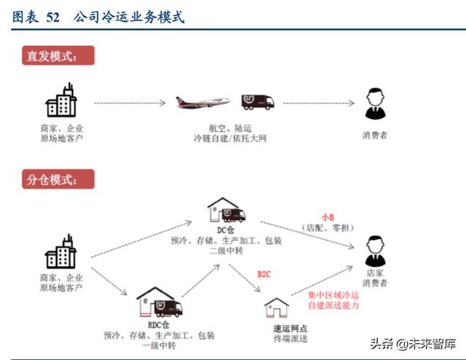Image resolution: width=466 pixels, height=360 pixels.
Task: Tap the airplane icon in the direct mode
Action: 202,101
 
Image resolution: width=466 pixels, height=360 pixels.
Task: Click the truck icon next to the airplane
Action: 257,102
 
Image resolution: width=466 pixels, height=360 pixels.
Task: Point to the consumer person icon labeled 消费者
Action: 374,106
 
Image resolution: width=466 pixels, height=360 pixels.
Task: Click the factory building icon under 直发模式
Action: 61,101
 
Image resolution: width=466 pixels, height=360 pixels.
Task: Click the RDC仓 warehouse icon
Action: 158,304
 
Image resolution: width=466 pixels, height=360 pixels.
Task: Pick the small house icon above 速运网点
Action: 277,309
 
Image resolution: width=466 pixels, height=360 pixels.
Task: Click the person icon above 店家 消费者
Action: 375,250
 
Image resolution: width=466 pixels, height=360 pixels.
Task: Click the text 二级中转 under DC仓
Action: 226,250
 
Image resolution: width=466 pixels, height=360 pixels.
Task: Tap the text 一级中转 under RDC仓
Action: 158,345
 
